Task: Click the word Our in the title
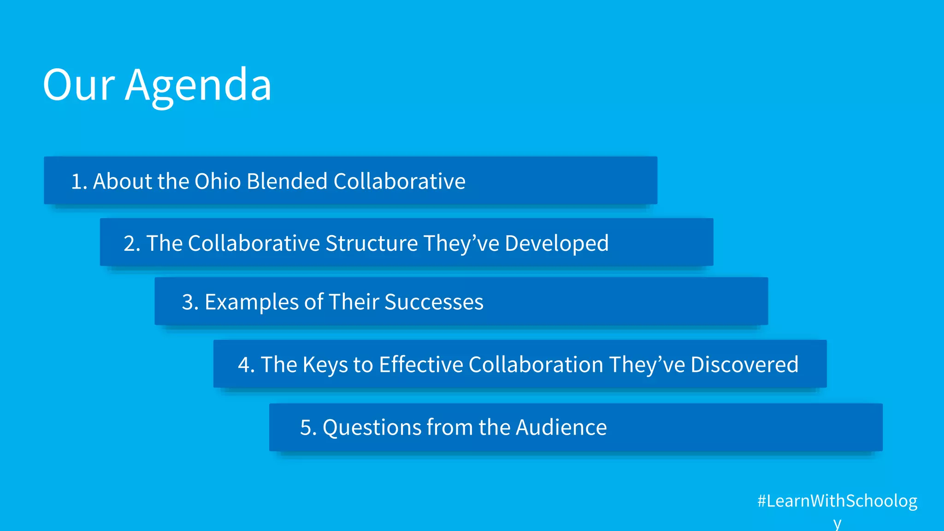click(x=78, y=85)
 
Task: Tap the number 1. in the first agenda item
click(x=79, y=181)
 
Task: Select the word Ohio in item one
click(x=218, y=181)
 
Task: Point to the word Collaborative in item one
click(x=399, y=181)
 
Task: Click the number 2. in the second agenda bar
click(x=132, y=243)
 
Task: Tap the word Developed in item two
click(x=557, y=243)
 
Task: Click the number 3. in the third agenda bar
click(x=190, y=302)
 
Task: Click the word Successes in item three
click(x=434, y=302)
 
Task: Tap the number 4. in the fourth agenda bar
click(x=246, y=365)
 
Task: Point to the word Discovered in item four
click(x=744, y=365)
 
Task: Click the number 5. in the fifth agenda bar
click(x=308, y=427)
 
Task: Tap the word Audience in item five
click(x=561, y=427)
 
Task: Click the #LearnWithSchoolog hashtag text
click(x=837, y=501)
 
